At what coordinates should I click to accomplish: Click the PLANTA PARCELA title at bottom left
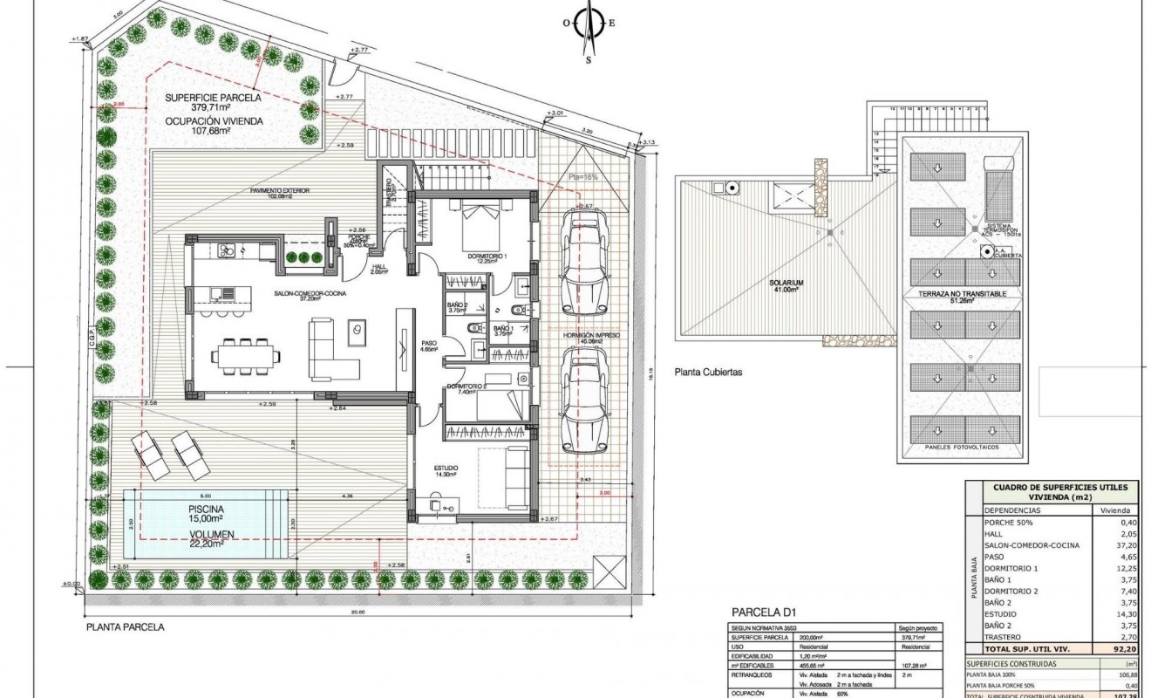[125, 626]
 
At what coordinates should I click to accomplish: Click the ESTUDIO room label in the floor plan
[446, 468]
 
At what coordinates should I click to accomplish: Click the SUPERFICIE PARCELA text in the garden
[209, 97]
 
